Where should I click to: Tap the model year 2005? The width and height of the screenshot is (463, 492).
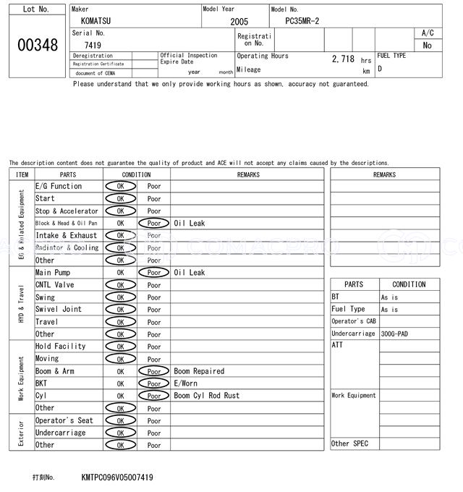pos(239,22)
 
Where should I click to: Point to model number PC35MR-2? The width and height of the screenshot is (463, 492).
pos(307,22)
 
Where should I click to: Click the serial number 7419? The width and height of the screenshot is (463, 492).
pos(93,45)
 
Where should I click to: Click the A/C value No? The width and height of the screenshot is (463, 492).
pos(427,46)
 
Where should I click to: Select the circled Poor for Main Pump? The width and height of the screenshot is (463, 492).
pos(154,273)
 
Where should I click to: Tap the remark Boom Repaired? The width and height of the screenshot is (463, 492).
pos(199,371)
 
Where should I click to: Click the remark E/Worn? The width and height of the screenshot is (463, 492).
pos(185,383)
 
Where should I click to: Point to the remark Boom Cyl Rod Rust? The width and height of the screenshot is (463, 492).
pos(206,396)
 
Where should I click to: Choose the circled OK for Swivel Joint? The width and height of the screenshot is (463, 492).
pos(120,310)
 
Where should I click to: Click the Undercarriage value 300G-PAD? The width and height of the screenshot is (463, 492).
pos(394,334)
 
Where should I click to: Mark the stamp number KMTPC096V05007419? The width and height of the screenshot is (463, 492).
pos(117,478)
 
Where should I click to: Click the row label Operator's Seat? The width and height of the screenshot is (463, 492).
pos(64,420)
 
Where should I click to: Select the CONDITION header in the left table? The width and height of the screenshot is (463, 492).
pos(136,174)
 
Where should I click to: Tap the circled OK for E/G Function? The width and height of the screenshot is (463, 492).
pos(120,187)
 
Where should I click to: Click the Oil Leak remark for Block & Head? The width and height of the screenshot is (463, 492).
pos(190,224)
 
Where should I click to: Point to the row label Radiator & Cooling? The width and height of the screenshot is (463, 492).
pos(67,248)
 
